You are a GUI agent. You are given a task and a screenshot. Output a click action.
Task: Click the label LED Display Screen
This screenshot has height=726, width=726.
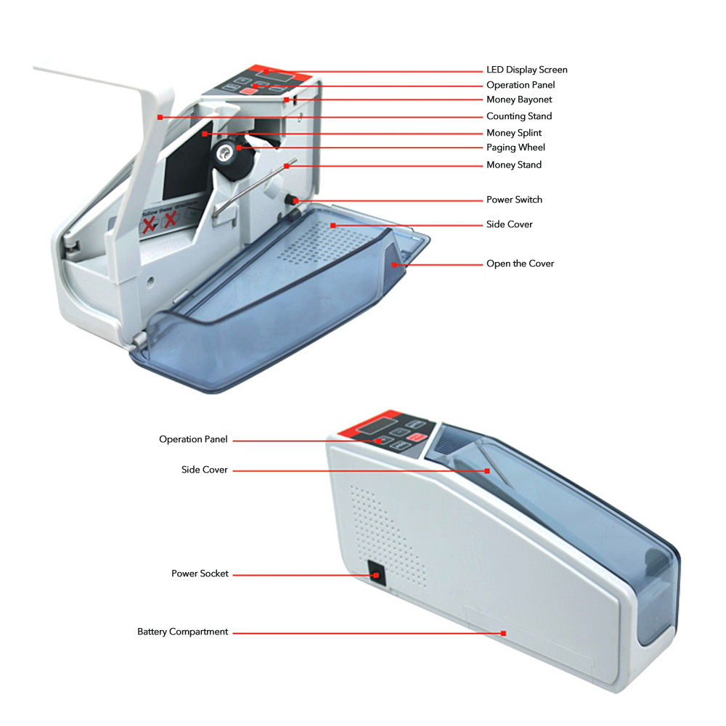[x=526, y=70]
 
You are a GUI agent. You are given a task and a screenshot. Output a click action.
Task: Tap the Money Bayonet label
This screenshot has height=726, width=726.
[x=519, y=99]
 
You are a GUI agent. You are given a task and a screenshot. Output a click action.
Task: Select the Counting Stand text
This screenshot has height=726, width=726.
[x=519, y=116]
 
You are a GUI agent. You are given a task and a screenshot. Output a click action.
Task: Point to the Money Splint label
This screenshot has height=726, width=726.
[x=513, y=133]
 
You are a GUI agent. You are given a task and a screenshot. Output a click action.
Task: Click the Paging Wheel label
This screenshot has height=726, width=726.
[x=515, y=147]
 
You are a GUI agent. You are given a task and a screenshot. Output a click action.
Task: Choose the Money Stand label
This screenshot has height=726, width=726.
[x=513, y=165]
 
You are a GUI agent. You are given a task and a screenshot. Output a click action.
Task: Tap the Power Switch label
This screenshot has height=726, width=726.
[x=514, y=200]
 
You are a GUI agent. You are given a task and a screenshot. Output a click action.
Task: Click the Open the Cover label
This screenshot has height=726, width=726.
[x=520, y=264]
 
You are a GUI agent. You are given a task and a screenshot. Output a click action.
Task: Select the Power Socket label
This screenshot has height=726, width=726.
[x=200, y=574]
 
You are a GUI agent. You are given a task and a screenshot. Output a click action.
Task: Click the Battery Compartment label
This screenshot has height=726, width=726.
[x=182, y=632]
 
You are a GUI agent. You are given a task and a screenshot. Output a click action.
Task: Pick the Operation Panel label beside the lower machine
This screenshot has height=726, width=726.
[x=193, y=439]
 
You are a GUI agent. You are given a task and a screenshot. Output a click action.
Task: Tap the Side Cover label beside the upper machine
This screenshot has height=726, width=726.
[x=510, y=224]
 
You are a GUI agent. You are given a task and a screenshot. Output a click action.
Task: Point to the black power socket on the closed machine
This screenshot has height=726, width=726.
[x=376, y=574]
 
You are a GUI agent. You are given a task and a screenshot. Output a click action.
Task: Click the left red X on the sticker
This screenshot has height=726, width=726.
[x=149, y=224]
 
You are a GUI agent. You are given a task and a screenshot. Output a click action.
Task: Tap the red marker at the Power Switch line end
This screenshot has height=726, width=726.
[x=296, y=201]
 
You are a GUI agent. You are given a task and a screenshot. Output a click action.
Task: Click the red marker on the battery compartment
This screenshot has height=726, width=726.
[x=503, y=633]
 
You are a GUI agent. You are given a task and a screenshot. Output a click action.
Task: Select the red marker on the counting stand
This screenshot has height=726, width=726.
[x=160, y=118]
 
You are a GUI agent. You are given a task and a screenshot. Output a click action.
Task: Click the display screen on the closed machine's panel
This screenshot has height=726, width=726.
[x=375, y=425]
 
